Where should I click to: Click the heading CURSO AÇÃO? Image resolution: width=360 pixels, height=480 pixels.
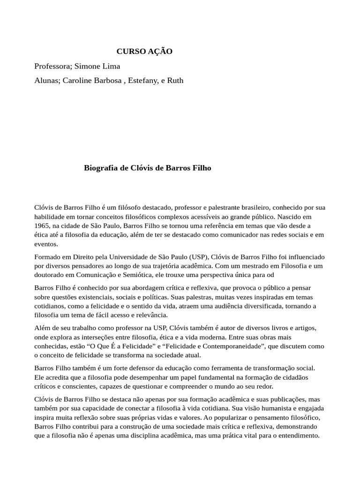pos(144,52)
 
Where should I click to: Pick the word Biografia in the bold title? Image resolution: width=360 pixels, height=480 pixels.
pos(101,168)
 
